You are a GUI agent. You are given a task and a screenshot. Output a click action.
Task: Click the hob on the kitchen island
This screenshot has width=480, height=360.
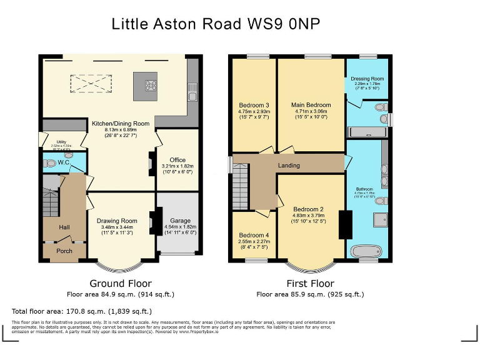[x=151, y=87]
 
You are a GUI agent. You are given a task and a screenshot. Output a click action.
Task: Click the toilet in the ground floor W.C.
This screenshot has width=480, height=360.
[x=50, y=164]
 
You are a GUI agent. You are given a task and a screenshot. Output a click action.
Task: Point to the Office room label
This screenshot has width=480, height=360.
[x=177, y=160]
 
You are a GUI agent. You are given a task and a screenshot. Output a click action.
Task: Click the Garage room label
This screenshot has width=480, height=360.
[x=180, y=221]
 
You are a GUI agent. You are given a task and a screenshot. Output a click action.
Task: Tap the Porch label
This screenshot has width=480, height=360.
[x=64, y=251]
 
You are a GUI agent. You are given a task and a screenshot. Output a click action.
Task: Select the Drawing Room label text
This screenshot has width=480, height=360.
[x=116, y=221]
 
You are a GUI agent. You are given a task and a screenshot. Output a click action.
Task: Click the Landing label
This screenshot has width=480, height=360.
[x=289, y=166]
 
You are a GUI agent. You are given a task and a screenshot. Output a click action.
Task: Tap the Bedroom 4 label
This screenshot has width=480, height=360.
[x=253, y=236]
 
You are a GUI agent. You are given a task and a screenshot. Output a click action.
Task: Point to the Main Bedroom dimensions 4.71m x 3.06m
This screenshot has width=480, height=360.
[x=311, y=112]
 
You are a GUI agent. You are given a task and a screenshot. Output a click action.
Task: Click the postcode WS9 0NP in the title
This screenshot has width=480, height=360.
[x=286, y=24]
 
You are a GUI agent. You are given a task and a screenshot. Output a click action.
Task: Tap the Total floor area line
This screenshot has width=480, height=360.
[x=81, y=311]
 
